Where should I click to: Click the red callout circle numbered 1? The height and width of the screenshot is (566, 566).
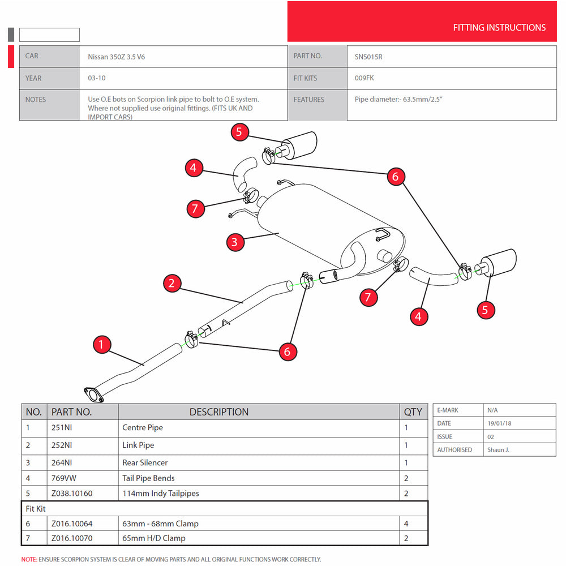click(101, 344)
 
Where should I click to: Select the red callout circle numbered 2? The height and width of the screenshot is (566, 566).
click(172, 283)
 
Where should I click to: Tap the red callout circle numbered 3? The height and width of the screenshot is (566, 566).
click(235, 243)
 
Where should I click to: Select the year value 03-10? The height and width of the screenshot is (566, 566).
click(96, 78)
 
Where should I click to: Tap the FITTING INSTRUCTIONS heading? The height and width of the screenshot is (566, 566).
click(499, 27)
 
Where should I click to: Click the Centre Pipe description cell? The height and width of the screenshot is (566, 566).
click(143, 428)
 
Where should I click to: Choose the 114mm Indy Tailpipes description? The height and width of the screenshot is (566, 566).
click(161, 493)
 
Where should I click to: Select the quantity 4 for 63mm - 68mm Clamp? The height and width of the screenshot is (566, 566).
click(406, 524)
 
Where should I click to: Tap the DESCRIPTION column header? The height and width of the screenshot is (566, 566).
click(218, 412)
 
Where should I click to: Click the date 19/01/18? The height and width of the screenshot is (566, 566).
click(499, 423)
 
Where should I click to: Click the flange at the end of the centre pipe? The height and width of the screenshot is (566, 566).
click(93, 395)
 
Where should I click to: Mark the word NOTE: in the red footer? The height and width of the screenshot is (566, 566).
click(29, 559)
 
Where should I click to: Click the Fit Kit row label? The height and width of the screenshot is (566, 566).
click(36, 509)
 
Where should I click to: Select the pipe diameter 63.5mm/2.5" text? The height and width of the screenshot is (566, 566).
click(398, 99)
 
